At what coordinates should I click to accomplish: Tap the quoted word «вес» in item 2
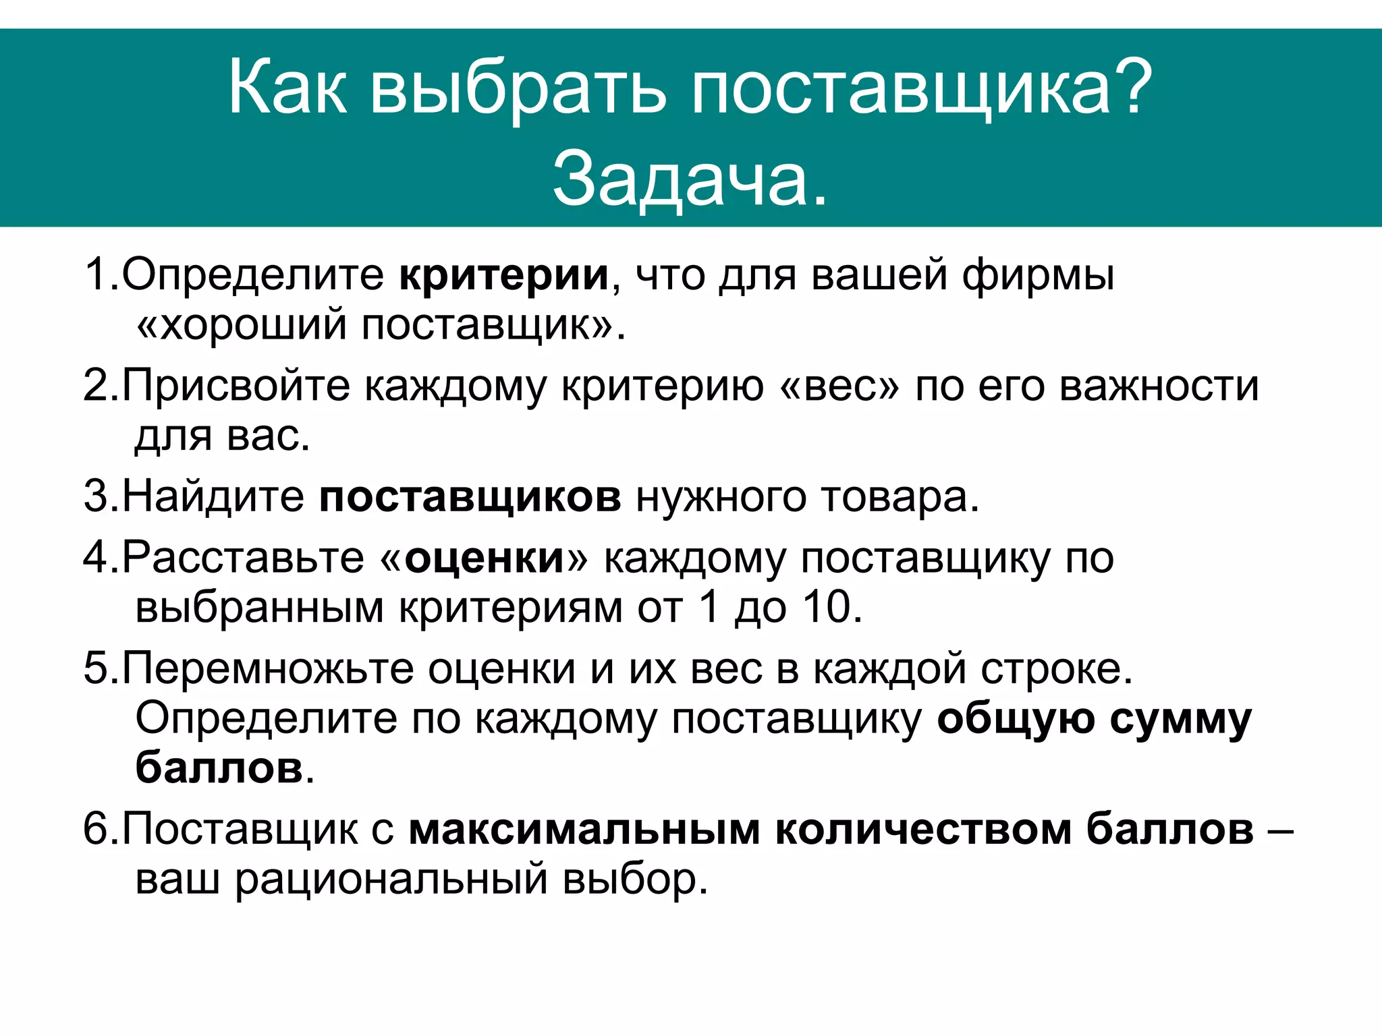pos(840,386)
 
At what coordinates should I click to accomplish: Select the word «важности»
pos(1159,386)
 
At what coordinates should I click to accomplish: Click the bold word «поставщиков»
pos(470,496)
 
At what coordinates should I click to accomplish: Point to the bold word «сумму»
pos(1180,719)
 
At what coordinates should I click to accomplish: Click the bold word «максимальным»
pos(584,829)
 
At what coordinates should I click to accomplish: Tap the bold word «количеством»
pos(924,829)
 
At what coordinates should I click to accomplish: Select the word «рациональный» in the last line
pos(391,880)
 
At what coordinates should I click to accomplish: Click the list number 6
pos(95,829)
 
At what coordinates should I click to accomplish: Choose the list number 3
pos(95,496)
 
